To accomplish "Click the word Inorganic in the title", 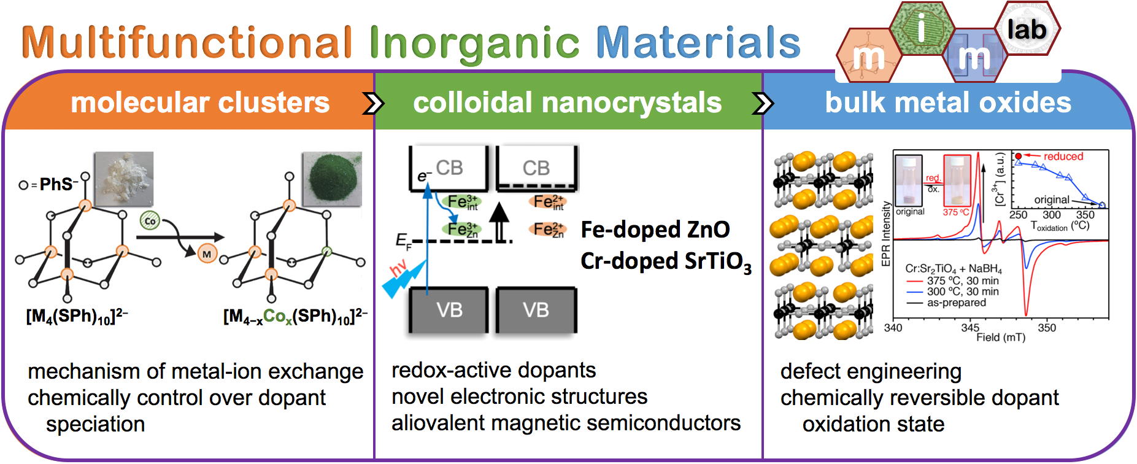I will [474, 43].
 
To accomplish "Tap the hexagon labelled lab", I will [1027, 29].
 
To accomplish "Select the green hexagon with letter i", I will [921, 28].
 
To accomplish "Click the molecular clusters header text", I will [200, 102].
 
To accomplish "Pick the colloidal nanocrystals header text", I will [567, 102].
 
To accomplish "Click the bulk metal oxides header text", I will [947, 102].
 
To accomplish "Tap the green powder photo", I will [332, 179].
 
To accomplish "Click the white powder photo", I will [123, 179].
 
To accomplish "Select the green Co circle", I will [150, 221].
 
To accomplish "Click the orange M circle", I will [207, 253].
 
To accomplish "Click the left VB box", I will [449, 310].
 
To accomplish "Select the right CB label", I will [536, 168].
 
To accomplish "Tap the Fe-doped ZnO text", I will [655, 230].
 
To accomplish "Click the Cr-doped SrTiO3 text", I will [665, 261].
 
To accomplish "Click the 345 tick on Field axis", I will [969, 327].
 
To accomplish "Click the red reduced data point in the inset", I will [1019, 157].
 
